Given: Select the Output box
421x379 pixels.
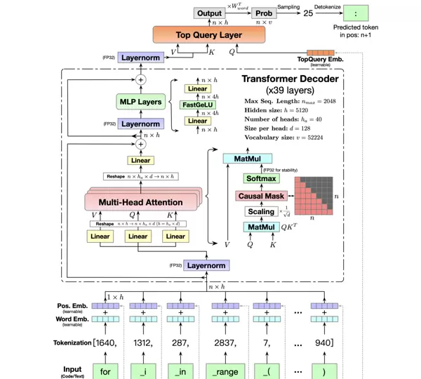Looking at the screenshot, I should point(208,13).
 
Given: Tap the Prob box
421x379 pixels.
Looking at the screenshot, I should point(264,13).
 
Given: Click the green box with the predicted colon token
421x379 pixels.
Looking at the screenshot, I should point(360,13).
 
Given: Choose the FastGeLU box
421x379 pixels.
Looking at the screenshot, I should point(197,105).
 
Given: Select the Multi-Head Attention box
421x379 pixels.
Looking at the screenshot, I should point(140,202).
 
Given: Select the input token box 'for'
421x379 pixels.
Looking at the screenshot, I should point(105,370).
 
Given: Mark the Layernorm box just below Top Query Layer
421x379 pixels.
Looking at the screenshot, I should point(141,57).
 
